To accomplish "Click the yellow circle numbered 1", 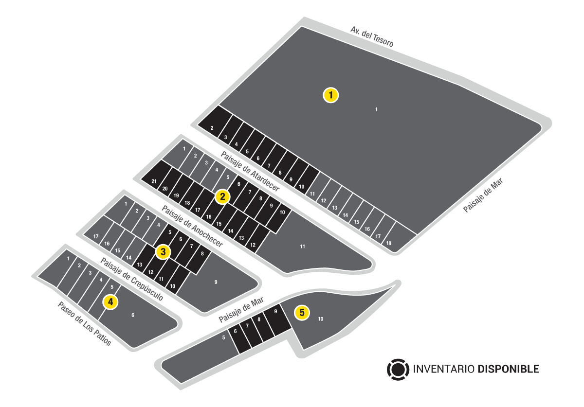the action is pos(330,95).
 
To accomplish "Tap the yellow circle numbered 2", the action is pos(222,197).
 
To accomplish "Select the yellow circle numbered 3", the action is pos(163,252).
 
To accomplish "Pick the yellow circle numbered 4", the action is pos(110,302).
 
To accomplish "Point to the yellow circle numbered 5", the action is pos(302,312).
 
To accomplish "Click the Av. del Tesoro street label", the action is pos(372,37).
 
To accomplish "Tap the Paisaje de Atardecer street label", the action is pos(250,172).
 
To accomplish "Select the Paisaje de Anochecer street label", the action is pos(192,226).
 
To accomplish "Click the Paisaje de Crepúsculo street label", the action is pos(132,279).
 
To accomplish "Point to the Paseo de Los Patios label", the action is pos(84,324).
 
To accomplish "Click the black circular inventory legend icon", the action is pos(398,369).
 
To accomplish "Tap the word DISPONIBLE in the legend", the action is pos(508,369).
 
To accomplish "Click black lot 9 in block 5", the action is pos(277,319).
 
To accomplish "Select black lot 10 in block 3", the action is pos(178,280).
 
